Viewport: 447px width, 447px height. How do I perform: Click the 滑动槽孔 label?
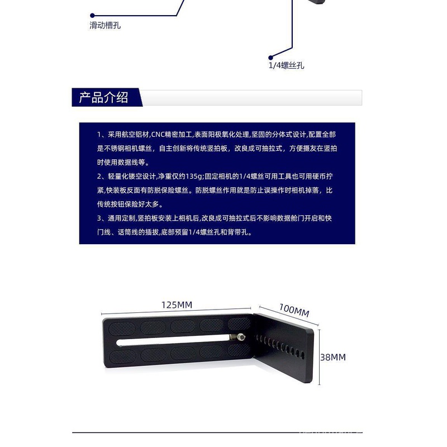(105, 25)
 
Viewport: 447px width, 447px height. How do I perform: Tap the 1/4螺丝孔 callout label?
(286, 65)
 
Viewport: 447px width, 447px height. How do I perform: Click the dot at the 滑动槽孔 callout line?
(92, 16)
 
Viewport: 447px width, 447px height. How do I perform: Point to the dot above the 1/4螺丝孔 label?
(271, 58)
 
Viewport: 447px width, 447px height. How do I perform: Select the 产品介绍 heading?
(103, 97)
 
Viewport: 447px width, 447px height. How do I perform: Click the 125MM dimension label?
(177, 305)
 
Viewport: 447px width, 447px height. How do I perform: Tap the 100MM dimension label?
(294, 310)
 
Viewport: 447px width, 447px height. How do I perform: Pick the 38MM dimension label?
(333, 357)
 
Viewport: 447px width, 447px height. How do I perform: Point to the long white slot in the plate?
(173, 340)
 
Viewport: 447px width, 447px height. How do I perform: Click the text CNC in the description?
(158, 134)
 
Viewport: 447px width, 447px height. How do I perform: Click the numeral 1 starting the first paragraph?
(99, 134)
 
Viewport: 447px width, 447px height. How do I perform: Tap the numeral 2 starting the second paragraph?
(99, 176)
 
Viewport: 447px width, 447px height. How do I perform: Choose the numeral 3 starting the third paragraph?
(99, 218)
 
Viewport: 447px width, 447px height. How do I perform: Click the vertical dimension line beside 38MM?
(319, 357)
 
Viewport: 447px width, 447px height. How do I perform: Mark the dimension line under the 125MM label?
(176, 311)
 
